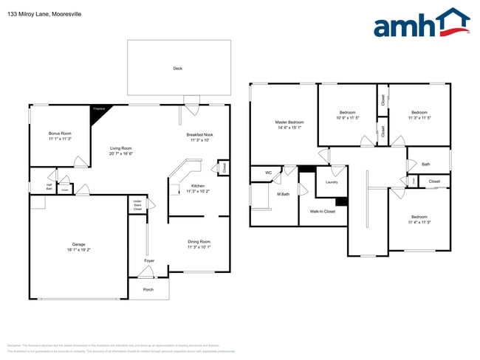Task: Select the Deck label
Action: click(177, 69)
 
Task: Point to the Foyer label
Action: click(148, 261)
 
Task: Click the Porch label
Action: click(148, 289)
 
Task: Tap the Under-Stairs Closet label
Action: click(137, 204)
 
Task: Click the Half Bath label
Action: click(49, 187)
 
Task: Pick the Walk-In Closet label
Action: click(322, 212)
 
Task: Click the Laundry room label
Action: click(332, 181)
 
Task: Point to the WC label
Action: click(268, 174)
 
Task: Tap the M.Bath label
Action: click(283, 194)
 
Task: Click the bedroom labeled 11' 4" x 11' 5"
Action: click(419, 219)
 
